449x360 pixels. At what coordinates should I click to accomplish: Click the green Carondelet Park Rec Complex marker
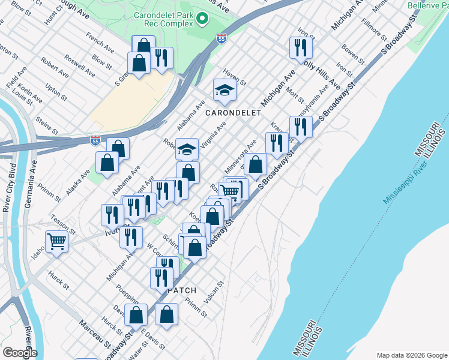(203, 19)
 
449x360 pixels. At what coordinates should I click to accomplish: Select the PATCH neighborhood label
(182, 290)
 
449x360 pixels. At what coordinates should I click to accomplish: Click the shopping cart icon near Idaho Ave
(56, 242)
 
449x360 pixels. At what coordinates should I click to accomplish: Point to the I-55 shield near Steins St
(95, 140)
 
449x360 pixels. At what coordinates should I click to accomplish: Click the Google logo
(19, 352)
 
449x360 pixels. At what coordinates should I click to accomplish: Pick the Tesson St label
(62, 224)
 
